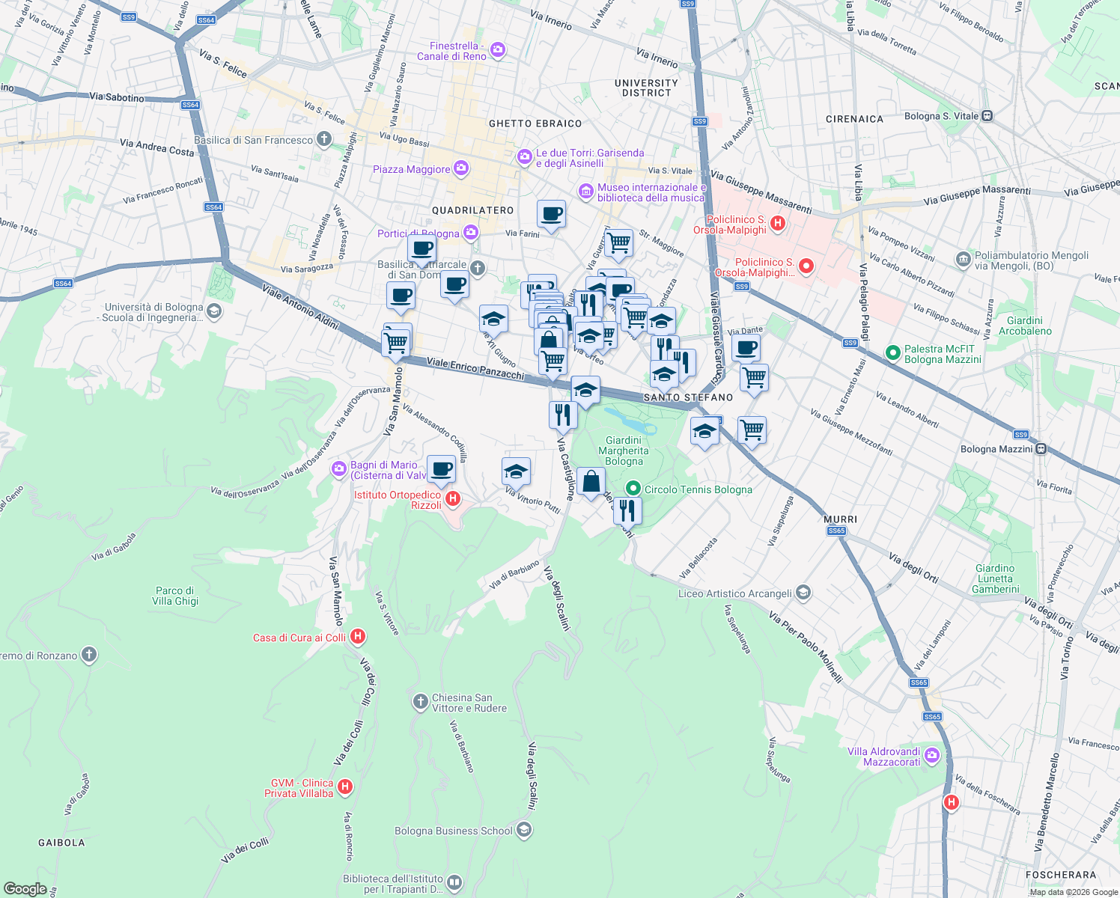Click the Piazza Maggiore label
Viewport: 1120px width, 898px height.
tap(412, 169)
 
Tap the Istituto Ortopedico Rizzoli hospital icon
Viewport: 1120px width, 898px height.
tap(452, 498)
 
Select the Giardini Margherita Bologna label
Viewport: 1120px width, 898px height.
tap(624, 450)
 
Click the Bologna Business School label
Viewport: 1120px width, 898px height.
tap(454, 831)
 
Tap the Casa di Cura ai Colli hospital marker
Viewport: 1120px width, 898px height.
tap(358, 637)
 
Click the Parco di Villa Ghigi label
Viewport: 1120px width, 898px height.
tap(175, 596)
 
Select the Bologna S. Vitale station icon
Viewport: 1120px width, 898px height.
tap(987, 116)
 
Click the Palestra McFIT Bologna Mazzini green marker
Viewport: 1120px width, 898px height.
tap(892, 352)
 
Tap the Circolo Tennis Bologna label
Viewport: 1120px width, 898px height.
tap(698, 489)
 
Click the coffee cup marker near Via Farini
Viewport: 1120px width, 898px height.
tap(551, 215)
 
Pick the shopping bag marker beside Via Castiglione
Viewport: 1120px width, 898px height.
tap(591, 482)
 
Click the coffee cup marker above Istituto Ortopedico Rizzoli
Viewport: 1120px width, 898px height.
tap(441, 469)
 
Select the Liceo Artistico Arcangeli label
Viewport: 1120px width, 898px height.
tap(734, 593)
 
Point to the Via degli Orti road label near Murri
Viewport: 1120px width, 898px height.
tap(913, 567)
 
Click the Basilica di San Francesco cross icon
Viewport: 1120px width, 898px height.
tap(323, 139)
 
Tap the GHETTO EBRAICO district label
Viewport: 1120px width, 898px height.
tap(535, 123)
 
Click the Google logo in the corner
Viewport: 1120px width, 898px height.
tap(25, 888)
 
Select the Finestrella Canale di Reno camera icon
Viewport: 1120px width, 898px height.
tap(498, 50)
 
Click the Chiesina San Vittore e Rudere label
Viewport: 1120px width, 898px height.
tap(469, 703)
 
